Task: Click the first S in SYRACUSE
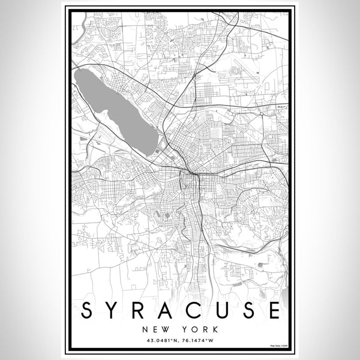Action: coord(87,311)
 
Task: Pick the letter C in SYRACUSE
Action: coord(194,311)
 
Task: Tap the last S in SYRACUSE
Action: coord(248,311)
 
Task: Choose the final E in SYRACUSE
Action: coord(274,311)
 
